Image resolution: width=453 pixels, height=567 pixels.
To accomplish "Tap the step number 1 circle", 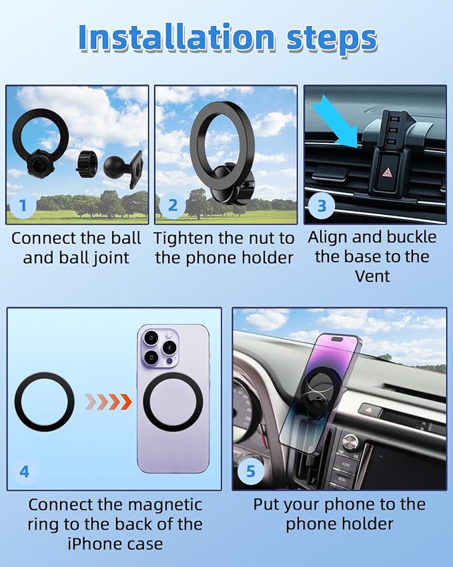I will coord(23,206).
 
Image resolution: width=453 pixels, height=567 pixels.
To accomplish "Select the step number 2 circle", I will coord(173,206).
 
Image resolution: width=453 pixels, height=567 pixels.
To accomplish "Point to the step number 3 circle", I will coord(322,206).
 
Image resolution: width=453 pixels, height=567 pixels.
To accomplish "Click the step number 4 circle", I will coord(24,471).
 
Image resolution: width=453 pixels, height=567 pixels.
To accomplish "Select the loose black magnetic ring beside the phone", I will coord(45,402).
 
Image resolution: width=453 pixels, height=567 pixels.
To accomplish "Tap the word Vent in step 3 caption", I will coord(372,275).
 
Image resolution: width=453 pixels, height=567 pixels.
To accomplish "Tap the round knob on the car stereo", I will coord(350,442).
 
